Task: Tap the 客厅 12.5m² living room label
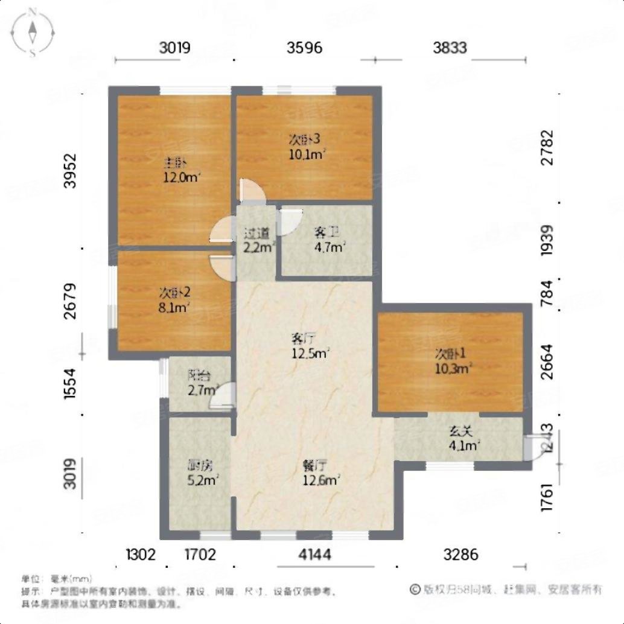click(x=311, y=345)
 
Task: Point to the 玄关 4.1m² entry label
click(x=462, y=439)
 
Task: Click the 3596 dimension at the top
click(x=305, y=47)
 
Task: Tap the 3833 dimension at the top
click(x=450, y=47)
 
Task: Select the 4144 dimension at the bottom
click(x=315, y=554)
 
